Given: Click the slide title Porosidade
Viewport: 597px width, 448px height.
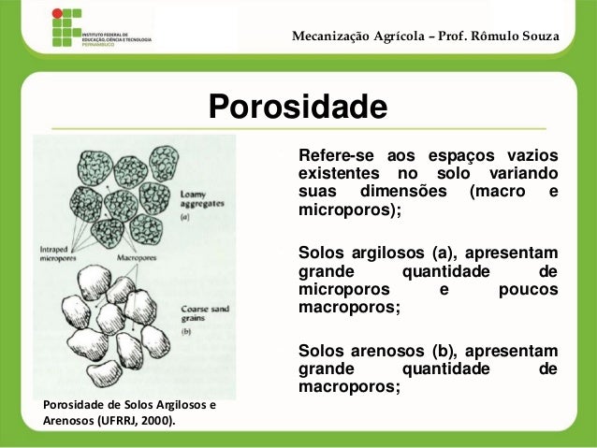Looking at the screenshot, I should [297, 107].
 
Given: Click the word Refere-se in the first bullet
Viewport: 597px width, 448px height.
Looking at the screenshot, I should [331, 155].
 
